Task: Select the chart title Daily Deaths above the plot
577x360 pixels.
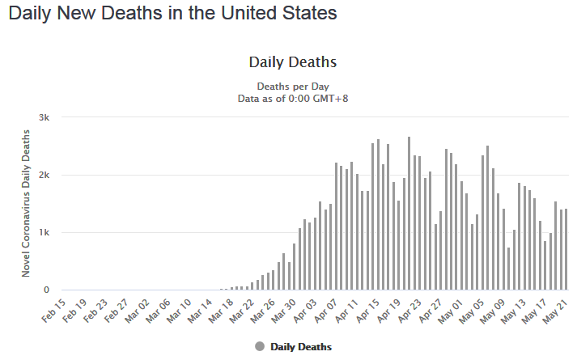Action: coord(292,62)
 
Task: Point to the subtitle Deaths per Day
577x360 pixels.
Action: coord(293,86)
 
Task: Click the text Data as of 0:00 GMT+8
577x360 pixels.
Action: coord(293,98)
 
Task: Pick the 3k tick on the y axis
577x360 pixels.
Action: coord(45,117)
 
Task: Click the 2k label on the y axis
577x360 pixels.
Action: coord(45,175)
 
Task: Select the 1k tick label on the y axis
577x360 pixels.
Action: coord(45,233)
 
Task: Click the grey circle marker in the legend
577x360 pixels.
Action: coord(260,346)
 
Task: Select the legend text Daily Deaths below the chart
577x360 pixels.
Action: coord(301,346)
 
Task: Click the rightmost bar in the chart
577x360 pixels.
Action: coord(566,249)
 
